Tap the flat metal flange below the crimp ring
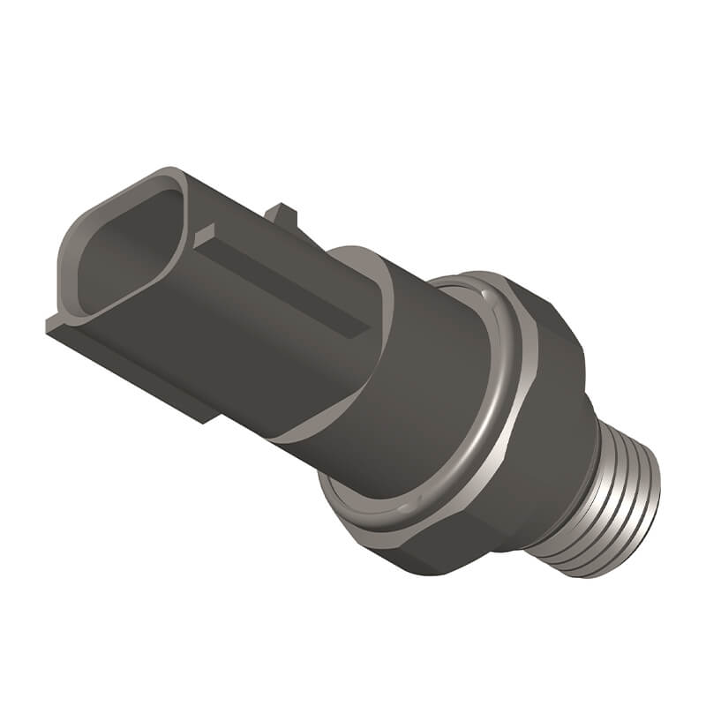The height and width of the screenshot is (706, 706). click(x=353, y=521)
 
